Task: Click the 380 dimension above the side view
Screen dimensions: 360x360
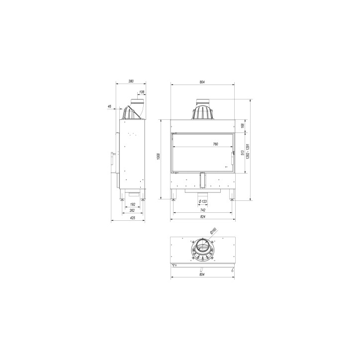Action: [x=131, y=81]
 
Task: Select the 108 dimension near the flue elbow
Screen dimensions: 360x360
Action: [x=142, y=92]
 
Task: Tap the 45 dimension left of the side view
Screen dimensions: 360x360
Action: [x=109, y=105]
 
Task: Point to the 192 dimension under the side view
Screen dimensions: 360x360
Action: [x=133, y=204]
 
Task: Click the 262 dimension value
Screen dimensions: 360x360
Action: [x=133, y=211]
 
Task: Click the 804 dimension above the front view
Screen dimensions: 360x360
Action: [x=202, y=81]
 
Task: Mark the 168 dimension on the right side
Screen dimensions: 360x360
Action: [x=242, y=126]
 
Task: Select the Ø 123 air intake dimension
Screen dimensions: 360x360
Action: [x=202, y=201]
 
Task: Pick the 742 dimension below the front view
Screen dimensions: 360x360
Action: [x=202, y=211]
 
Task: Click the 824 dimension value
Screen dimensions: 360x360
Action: [x=202, y=217]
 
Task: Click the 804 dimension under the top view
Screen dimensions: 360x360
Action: [x=202, y=274]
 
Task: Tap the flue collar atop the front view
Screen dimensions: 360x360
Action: [x=202, y=112]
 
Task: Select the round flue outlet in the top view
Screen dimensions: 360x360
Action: [x=202, y=247]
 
